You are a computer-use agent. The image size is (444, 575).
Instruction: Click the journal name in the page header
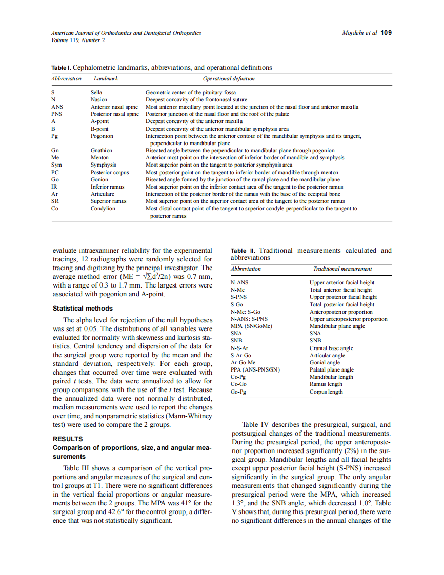pos(126,32)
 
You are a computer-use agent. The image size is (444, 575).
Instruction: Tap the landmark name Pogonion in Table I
pos(102,136)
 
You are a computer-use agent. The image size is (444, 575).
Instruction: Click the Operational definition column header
pos(229,78)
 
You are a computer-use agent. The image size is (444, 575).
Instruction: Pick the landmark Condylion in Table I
pos(103,209)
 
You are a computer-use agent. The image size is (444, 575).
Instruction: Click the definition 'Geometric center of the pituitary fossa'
pos(191,92)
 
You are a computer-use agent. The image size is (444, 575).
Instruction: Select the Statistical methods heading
pos(83,309)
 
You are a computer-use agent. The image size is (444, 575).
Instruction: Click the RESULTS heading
pos(68,439)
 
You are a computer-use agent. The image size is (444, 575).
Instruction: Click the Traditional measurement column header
pos(342,269)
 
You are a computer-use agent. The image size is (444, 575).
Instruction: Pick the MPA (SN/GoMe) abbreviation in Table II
pos(251,326)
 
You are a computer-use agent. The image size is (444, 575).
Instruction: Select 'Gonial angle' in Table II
pos(325,362)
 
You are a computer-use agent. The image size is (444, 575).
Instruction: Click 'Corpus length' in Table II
pos(326,392)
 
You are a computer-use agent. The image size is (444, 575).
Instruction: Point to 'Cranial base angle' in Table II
pos(331,348)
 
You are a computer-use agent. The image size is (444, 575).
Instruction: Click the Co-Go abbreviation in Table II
pos(238,384)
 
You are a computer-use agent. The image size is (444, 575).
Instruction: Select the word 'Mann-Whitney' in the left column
pos(189,416)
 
